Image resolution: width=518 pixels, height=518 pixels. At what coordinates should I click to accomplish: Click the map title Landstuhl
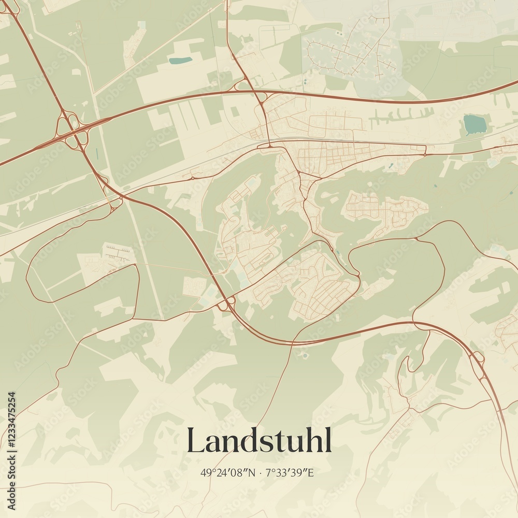click(259, 441)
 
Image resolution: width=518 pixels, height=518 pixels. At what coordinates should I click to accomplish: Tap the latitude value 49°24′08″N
click(228, 472)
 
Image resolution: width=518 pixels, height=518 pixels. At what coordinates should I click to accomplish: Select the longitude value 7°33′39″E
click(290, 472)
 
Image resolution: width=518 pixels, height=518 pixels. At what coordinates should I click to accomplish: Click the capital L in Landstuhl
click(196, 440)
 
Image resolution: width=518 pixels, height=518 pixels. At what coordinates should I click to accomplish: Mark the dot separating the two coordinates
click(260, 472)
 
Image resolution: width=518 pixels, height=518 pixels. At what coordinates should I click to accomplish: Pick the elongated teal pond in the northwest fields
click(180, 60)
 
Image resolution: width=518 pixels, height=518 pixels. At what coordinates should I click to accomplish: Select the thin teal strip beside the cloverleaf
click(96, 154)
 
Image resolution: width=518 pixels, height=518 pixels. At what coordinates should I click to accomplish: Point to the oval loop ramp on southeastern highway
click(478, 357)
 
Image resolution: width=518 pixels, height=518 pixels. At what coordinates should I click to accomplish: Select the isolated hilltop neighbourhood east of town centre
click(386, 210)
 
